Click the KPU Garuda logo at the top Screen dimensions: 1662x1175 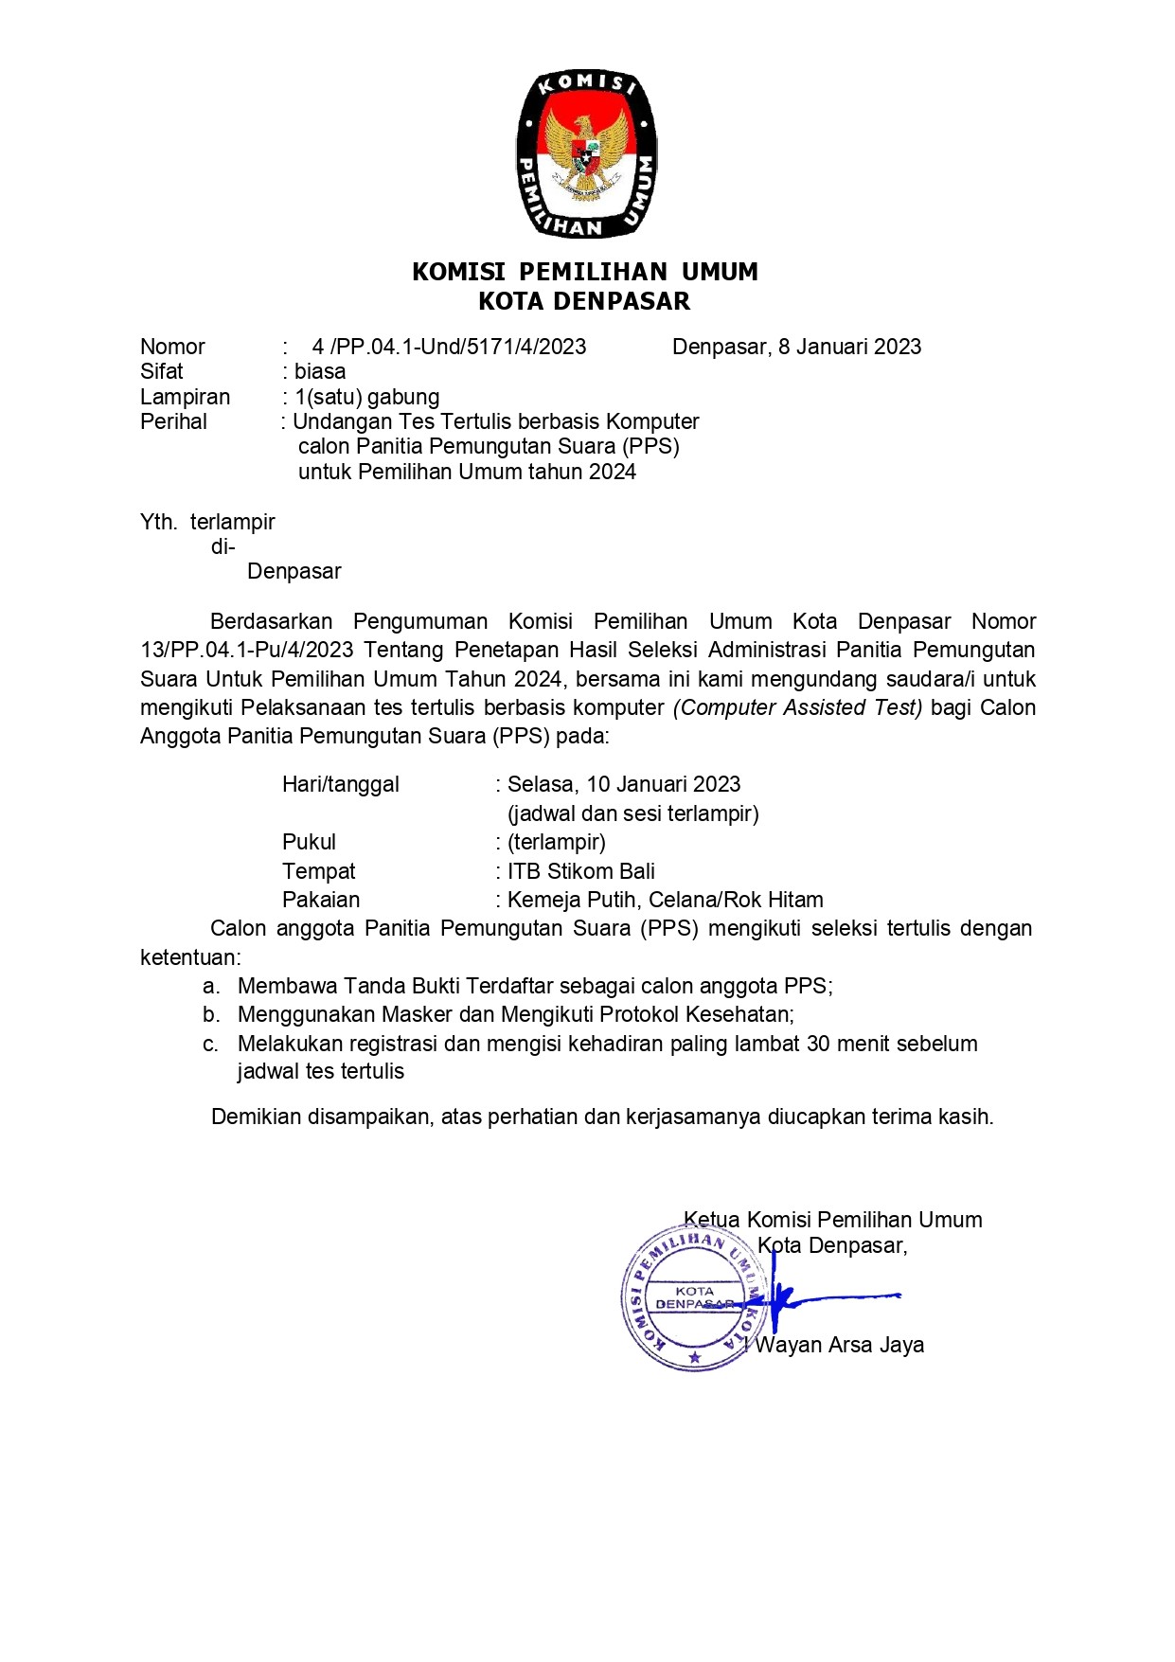coord(586,154)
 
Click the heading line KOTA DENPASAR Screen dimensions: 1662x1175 coord(584,302)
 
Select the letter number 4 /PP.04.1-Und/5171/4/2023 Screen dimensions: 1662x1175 coord(449,347)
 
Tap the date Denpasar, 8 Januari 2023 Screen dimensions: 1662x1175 coord(796,347)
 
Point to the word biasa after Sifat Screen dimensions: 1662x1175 coord(320,371)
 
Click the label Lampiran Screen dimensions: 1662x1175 coord(185,397)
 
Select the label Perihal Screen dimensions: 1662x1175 coord(173,421)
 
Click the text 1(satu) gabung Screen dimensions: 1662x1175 coord(367,397)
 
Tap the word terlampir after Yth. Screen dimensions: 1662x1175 coord(232,522)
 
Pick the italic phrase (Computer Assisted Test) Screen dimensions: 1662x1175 coord(797,707)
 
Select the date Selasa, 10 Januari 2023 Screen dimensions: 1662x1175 coord(624,784)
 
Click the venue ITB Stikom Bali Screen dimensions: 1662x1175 coord(581,871)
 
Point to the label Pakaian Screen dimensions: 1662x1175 coord(321,900)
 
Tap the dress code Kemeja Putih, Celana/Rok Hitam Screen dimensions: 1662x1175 coord(666,900)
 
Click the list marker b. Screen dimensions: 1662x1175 coord(210,1015)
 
